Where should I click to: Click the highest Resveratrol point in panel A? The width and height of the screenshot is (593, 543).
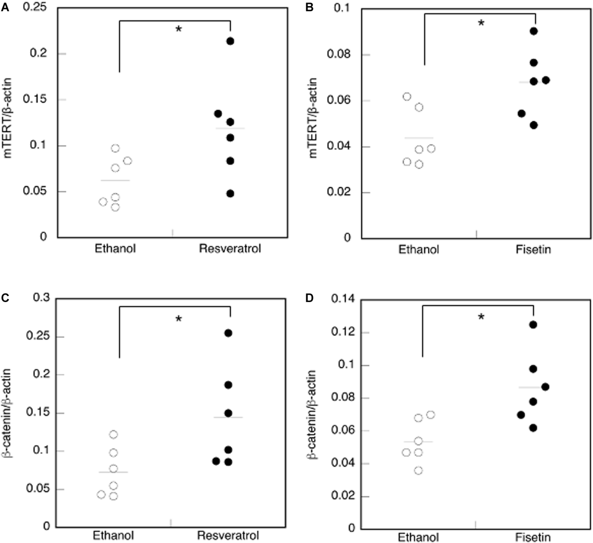(230, 41)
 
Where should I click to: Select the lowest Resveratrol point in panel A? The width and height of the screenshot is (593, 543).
(230, 194)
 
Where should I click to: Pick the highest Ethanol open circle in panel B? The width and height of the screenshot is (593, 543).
(407, 97)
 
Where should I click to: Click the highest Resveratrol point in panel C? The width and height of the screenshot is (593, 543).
(228, 333)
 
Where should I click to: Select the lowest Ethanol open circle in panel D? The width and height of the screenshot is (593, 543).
(418, 471)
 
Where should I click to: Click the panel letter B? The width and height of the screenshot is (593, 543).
(310, 7)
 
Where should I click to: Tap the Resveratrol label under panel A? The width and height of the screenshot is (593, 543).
(230, 249)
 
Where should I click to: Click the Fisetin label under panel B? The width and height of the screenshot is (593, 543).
(533, 250)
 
